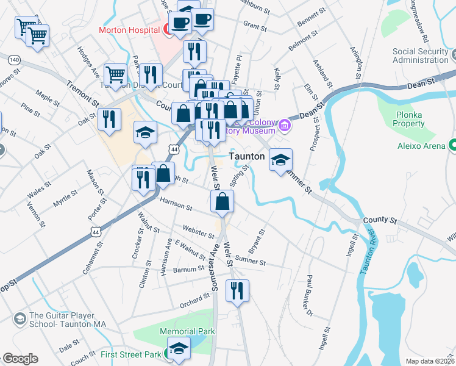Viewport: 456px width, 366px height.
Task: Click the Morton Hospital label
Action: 129,29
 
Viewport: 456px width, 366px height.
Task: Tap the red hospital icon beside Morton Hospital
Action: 166,29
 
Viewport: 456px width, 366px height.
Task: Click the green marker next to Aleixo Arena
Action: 452,145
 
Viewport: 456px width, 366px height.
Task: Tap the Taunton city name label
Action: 246,156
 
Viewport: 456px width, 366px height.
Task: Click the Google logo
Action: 20,359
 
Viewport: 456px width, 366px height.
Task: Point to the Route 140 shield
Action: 15,60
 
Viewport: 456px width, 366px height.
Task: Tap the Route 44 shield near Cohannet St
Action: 95,231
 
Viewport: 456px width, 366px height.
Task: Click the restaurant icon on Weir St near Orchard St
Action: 237,290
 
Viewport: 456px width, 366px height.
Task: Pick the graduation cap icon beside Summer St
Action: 280,160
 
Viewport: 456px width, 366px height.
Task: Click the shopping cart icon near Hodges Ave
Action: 115,74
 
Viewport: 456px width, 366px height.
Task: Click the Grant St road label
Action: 255,27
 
